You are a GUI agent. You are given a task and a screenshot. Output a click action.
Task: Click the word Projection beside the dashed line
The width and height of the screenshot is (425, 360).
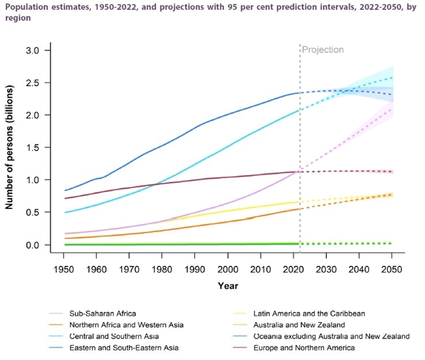click(x=322, y=50)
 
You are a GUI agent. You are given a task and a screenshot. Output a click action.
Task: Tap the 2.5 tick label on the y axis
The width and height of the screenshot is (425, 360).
click(x=33, y=83)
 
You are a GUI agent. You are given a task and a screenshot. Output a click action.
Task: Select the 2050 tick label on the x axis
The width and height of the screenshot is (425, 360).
click(x=392, y=269)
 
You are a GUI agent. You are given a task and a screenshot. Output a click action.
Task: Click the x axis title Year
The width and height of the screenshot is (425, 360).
click(x=228, y=286)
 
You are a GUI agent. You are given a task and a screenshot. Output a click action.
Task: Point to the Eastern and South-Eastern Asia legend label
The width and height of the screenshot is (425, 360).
click(x=115, y=348)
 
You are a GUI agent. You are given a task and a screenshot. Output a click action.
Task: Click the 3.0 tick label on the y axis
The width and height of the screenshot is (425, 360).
click(x=33, y=50)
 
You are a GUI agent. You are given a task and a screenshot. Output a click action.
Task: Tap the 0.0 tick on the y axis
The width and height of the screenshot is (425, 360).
click(x=33, y=245)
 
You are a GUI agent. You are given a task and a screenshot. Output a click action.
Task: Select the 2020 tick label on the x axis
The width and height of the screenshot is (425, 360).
click(x=292, y=269)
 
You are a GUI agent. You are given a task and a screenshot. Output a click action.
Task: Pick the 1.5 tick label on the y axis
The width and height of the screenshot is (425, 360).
click(x=33, y=148)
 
